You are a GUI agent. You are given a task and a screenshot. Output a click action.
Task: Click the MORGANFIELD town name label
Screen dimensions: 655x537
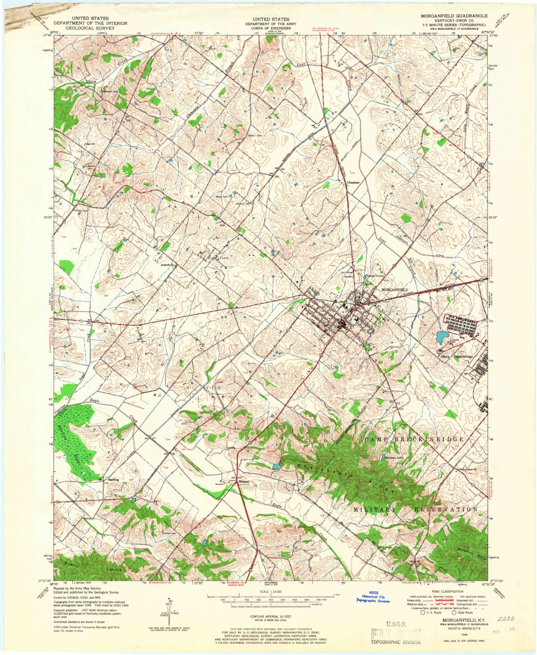[x=395, y=289]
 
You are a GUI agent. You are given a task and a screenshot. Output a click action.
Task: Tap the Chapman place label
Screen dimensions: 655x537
[x=353, y=183]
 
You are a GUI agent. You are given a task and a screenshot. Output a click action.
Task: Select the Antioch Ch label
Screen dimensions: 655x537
[x=167, y=265]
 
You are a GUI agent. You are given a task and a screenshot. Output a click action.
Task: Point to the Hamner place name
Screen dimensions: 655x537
[x=244, y=482]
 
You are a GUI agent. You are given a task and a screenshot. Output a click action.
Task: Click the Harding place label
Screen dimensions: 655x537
[x=113, y=480]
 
